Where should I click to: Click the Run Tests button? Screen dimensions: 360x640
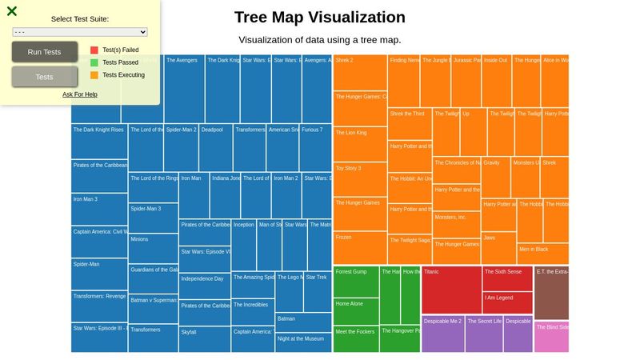pyautogui.click(x=44, y=52)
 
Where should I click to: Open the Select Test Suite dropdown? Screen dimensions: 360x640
pyautogui.click(x=80, y=32)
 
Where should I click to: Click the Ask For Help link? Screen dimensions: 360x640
pyautogui.click(x=80, y=94)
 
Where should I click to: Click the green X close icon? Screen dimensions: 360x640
pyautogui.click(x=12, y=11)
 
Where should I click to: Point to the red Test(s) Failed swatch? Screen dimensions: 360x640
pyautogui.click(x=94, y=50)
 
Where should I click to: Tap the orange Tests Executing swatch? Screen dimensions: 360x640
pyautogui.click(x=94, y=75)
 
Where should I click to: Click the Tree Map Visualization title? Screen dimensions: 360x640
pyautogui.click(x=320, y=18)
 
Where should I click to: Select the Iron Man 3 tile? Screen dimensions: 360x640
pyautogui.click(x=99, y=209)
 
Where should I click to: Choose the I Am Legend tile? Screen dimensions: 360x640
pyautogui.click(x=507, y=302)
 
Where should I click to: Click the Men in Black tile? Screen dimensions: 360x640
pyautogui.click(x=542, y=254)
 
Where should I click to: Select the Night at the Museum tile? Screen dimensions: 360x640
pyautogui.click(x=303, y=342)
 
